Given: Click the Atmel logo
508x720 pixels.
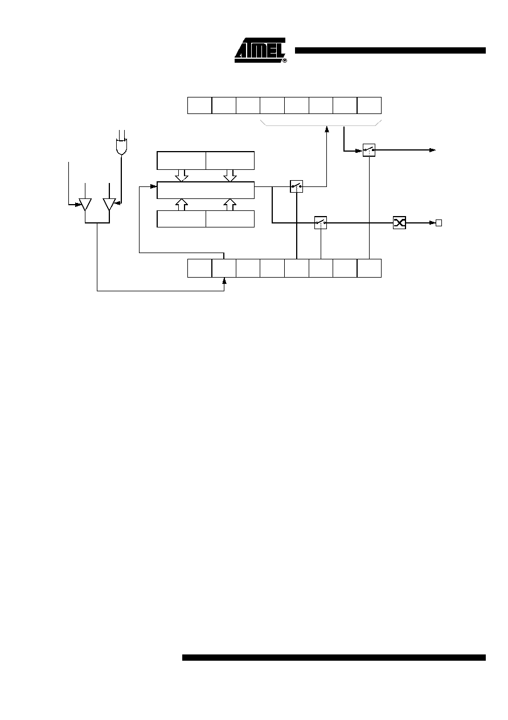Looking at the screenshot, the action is [x=260, y=50].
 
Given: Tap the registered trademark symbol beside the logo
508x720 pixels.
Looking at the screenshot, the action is [x=285, y=60].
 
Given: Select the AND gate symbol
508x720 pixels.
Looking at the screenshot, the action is [x=121, y=147].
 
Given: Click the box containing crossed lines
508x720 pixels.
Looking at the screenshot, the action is [x=399, y=223].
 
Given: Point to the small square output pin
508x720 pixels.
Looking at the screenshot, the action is [x=439, y=223].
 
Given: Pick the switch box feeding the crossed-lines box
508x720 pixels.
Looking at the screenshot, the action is [x=321, y=223].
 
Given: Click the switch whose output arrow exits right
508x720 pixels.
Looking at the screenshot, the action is [x=369, y=150].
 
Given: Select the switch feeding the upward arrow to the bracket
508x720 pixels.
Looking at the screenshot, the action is [x=296, y=186].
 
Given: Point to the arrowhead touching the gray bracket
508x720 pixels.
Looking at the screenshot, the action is [x=326, y=129].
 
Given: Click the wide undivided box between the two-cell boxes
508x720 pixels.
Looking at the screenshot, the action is [x=206, y=190].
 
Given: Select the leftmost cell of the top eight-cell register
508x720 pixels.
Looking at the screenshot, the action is [x=200, y=105].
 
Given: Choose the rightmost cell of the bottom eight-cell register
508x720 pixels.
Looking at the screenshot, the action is [x=369, y=268].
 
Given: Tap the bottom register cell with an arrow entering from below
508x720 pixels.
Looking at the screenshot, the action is [x=224, y=268].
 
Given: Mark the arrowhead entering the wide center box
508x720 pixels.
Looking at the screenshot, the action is [x=154, y=186].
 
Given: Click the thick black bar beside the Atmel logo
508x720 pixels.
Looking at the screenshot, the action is [x=390, y=51].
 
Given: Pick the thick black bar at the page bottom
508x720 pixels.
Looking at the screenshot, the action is [x=334, y=658].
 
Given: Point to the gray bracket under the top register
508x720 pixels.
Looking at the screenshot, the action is [x=321, y=125].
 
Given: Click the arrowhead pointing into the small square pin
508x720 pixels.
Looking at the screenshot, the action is [x=432, y=223].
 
